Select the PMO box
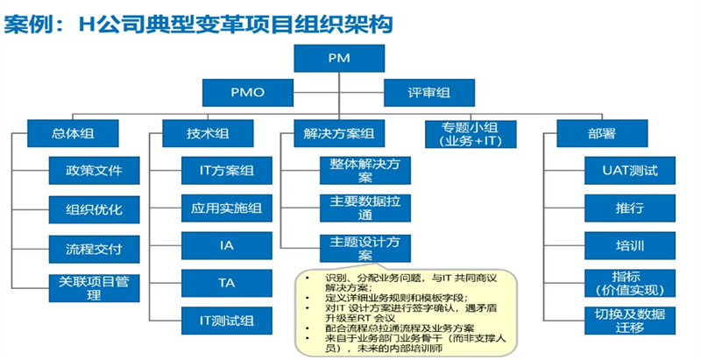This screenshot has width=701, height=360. click(246, 92)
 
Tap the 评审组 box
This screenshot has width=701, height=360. click(429, 92)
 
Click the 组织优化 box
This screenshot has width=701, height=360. click(94, 209)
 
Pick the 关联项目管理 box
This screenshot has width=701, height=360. click(94, 286)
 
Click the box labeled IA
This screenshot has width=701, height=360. click(226, 245)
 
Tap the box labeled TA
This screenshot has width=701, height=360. click(226, 284)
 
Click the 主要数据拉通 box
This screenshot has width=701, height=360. click(363, 208)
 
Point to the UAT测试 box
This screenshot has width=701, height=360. click(630, 169)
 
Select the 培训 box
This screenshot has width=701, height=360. click(630, 245)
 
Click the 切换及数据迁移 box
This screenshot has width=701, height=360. click(630, 320)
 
